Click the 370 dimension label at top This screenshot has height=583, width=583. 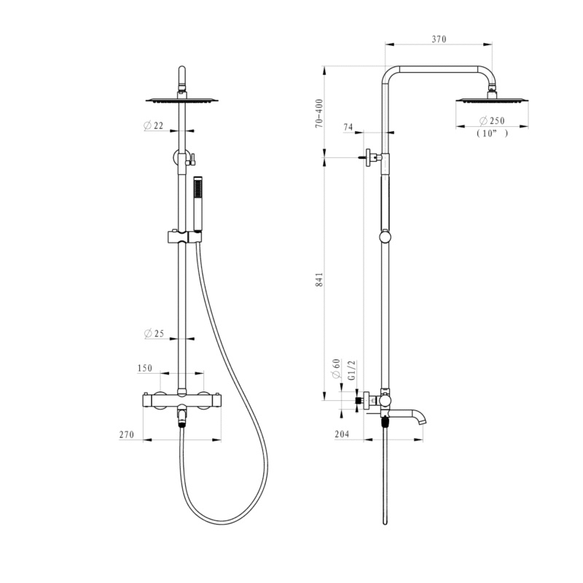click(x=439, y=39)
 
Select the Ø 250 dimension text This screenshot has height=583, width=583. click(x=492, y=120)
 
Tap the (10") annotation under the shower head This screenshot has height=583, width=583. click(x=492, y=133)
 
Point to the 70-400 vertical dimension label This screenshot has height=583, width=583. click(x=319, y=114)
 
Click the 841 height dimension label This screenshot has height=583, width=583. click(x=319, y=280)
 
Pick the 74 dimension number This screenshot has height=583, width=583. click(x=348, y=127)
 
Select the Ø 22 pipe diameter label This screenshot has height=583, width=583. click(x=154, y=125)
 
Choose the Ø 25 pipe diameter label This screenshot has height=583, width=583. click(x=154, y=334)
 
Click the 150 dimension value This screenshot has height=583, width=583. click(x=144, y=368)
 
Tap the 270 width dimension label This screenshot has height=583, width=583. click(x=126, y=434)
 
